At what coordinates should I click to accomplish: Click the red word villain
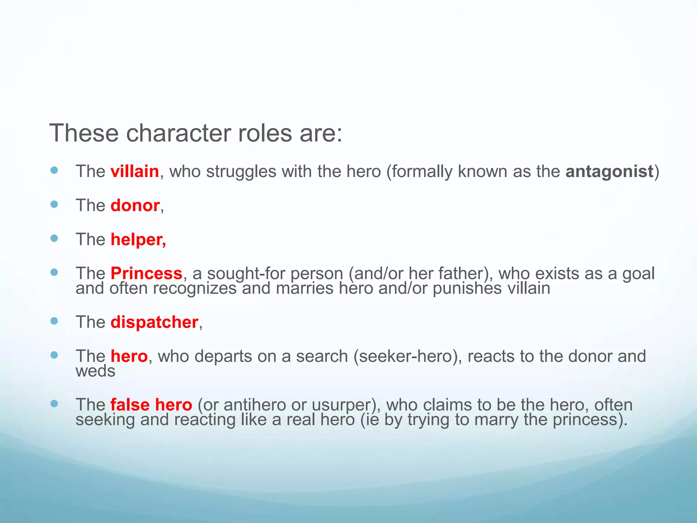[134, 171]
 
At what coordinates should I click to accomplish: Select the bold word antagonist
[609, 171]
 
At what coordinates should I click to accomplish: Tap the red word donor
[135, 205]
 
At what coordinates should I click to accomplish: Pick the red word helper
[137, 239]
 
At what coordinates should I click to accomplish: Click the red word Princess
[146, 273]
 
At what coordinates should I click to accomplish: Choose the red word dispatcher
[154, 322]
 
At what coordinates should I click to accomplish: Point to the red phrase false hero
[151, 405]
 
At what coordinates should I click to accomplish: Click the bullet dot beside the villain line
[54, 170]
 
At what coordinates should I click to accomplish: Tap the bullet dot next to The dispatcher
[54, 321]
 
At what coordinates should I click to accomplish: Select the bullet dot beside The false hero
[54, 404]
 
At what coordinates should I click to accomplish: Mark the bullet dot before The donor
[54, 204]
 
